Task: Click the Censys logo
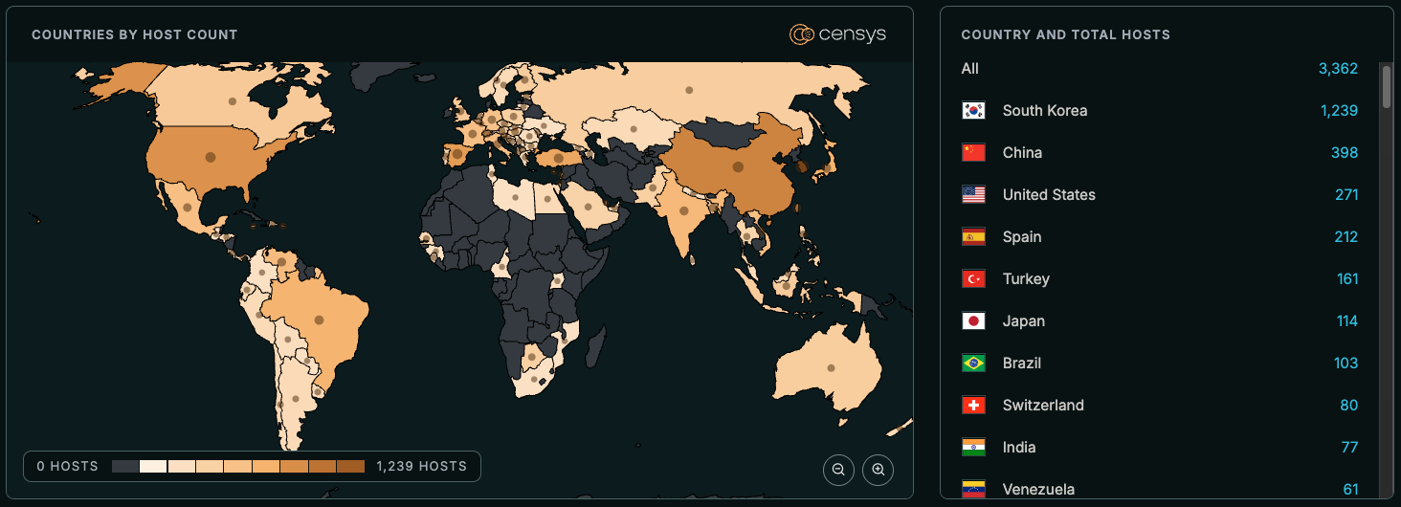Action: coord(837,34)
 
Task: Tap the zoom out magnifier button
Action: coord(838,470)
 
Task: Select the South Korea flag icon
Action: coord(973,110)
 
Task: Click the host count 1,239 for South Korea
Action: coord(1339,110)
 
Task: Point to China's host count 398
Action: coord(1344,152)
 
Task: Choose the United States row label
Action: coord(1049,194)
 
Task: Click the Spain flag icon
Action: coord(973,236)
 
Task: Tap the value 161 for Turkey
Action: coord(1346,278)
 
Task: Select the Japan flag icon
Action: coord(973,320)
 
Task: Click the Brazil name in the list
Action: coord(1021,363)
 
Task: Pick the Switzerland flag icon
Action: coord(973,405)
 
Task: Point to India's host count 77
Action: coord(1348,447)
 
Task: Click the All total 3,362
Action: coord(1338,68)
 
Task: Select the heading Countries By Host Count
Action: coord(134,34)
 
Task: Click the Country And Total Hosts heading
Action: coord(1065,34)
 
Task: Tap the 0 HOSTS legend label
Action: coord(67,467)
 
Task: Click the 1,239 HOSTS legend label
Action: coord(421,467)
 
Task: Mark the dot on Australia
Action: coord(831,367)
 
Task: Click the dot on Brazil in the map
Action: coord(319,320)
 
